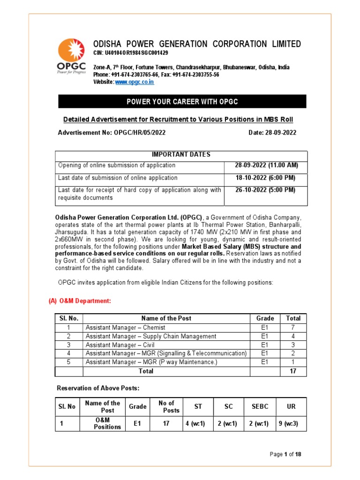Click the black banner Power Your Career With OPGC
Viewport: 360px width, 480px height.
[182, 102]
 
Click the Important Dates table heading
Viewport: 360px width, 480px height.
[181, 155]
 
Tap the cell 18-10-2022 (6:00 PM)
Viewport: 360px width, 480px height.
[266, 178]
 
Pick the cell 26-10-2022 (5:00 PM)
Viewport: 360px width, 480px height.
[266, 190]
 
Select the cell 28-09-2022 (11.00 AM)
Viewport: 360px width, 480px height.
[266, 165]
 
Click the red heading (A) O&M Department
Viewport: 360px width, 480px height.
[80, 301]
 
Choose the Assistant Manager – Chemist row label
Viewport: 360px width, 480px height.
[125, 328]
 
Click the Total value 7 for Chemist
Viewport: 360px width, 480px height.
[293, 328]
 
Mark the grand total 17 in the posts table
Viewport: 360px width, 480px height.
[293, 371]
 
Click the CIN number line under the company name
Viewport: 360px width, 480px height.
[130, 53]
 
